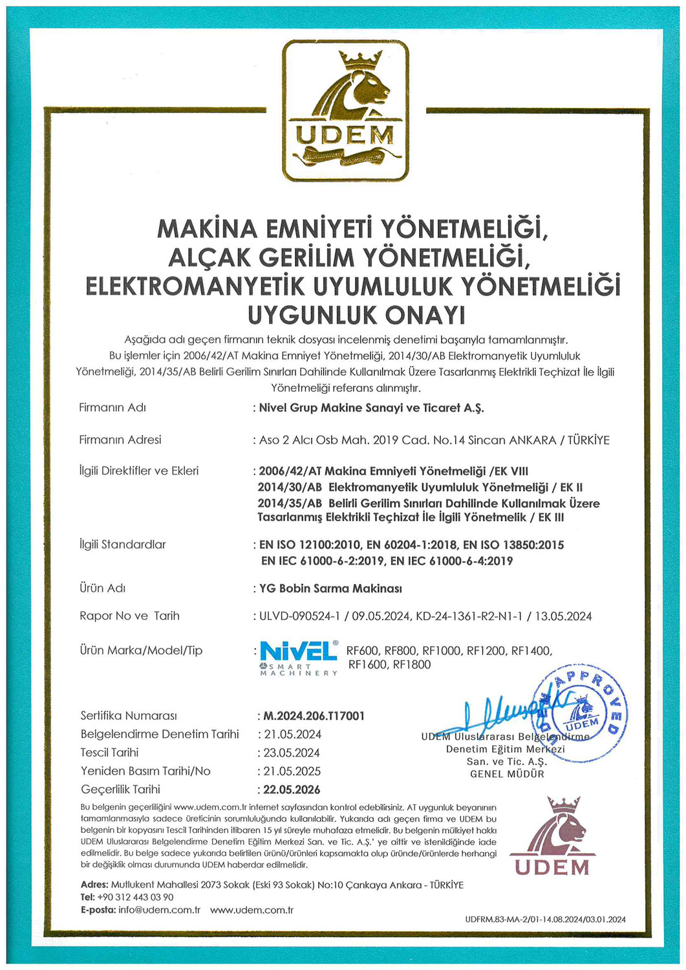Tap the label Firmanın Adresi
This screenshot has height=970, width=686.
[x=120, y=440]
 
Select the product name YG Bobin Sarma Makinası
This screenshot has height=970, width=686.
[x=330, y=588]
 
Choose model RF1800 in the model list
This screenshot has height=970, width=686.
[x=412, y=665]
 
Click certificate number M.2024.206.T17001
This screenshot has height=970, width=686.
[x=314, y=716]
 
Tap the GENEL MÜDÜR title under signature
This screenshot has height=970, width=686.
[x=507, y=774]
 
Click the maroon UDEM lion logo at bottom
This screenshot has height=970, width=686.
[x=552, y=837]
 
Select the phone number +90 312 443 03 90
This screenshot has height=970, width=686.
[x=135, y=897]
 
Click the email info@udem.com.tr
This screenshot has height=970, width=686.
[x=159, y=910]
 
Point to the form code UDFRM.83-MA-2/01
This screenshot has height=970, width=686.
[x=501, y=920]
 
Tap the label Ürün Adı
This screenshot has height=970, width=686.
[x=102, y=588]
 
